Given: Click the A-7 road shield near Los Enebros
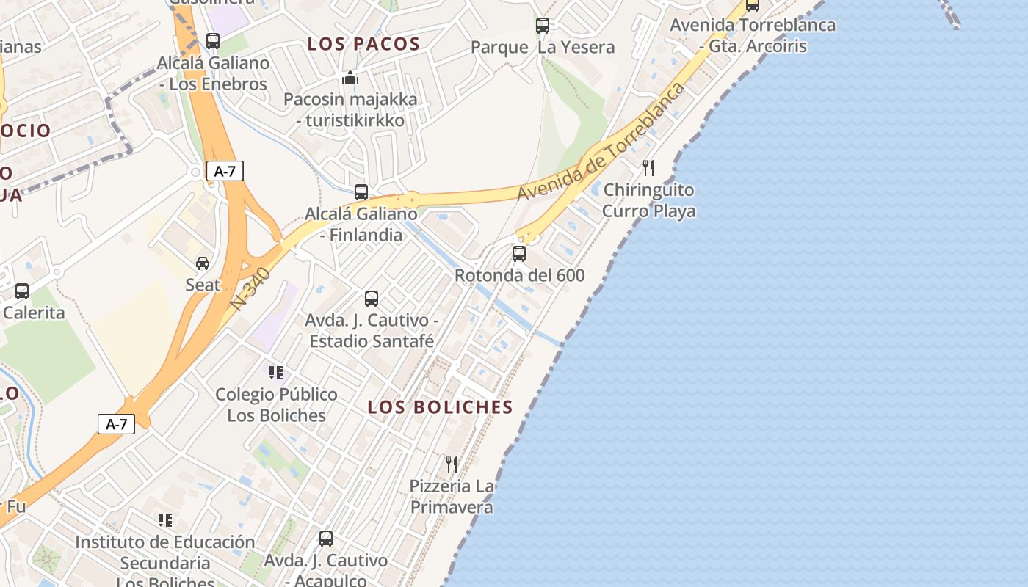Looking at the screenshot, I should coord(225,172).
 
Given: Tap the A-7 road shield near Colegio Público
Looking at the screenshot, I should coord(116,423).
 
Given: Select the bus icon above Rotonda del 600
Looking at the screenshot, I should coord(519,254).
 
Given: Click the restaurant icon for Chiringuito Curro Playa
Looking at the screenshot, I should coord(648,168).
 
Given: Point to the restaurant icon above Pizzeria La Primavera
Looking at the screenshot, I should coord(452,464).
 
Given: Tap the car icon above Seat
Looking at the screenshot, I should coord(202,263).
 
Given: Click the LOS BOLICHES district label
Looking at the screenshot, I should coord(440,407).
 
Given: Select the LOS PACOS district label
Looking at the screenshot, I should coord(363,44).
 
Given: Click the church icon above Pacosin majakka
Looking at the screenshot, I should coord(350,78).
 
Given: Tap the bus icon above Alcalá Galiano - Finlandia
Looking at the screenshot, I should coord(361,192).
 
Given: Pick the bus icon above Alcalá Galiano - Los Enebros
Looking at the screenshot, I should coord(213,41).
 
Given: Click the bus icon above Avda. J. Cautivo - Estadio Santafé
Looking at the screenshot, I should coord(372,299).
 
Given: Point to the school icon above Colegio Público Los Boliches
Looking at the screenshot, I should coord(276,373).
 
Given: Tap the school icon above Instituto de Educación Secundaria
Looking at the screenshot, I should coord(165,520).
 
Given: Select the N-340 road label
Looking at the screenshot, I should coord(250,288).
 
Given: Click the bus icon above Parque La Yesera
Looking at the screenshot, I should coord(543,26).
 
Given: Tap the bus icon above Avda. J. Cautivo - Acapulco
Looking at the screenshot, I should coord(326,539).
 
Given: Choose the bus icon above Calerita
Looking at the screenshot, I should coord(22,291).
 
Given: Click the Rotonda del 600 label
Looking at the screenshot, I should coord(520,275).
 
